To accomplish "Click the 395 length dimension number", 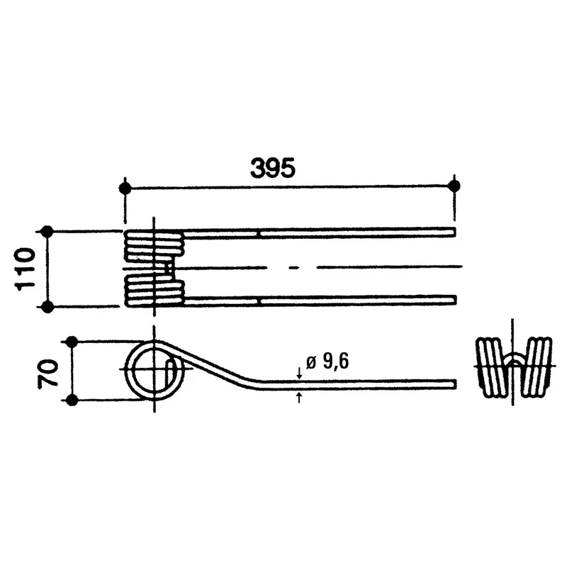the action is pyautogui.click(x=273, y=168).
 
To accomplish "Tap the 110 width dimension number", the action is pyautogui.click(x=25, y=269).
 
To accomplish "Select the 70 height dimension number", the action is pyautogui.click(x=47, y=373).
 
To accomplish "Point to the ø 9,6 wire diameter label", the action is pyautogui.click(x=327, y=361).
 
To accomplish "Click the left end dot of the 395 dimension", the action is pyautogui.click(x=125, y=189).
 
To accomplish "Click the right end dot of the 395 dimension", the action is pyautogui.click(x=454, y=186).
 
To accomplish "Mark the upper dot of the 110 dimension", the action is pyautogui.click(x=47, y=232).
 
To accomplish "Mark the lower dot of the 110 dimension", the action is pyautogui.click(x=47, y=307).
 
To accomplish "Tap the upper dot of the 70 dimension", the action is pyautogui.click(x=72, y=342).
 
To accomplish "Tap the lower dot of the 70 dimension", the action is pyautogui.click(x=72, y=400).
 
